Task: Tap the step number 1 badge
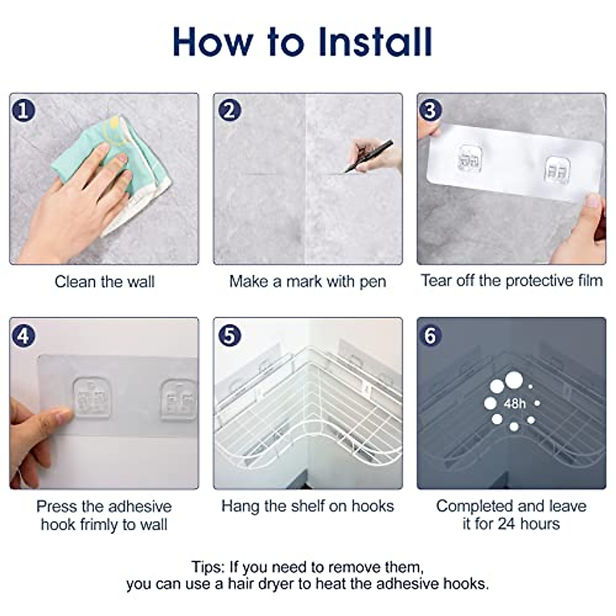click(23, 110)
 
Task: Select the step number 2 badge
click(229, 110)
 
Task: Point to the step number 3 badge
click(430, 110)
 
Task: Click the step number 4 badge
click(23, 335)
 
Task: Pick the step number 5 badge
click(229, 335)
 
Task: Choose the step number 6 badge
click(430, 335)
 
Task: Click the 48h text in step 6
click(515, 404)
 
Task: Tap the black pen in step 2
click(369, 157)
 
